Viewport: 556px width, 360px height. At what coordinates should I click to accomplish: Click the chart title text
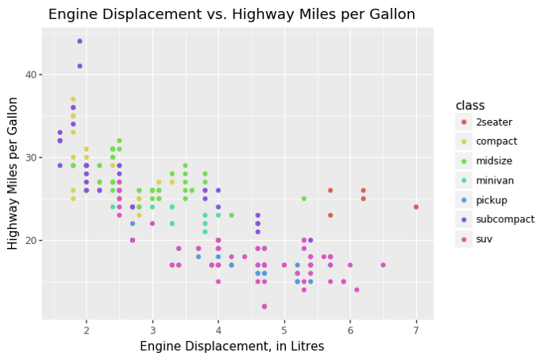coord(231,14)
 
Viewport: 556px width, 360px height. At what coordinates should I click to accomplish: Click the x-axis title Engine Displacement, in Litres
coord(231,346)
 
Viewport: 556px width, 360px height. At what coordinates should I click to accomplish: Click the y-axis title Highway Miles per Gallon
coord(14,173)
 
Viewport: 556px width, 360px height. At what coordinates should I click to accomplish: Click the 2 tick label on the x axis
coord(86,329)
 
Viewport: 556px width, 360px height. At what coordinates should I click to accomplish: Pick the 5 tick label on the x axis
coord(284,329)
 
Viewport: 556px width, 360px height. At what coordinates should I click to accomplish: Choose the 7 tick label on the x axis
coord(415,329)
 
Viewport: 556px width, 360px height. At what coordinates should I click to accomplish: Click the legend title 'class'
coord(469,106)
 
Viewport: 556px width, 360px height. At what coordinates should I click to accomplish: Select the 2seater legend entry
coord(493,122)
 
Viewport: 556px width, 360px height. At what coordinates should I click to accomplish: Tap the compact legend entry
coord(496,141)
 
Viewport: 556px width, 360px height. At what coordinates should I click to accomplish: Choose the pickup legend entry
coord(491,200)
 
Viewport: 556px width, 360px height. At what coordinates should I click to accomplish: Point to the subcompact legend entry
coord(504,219)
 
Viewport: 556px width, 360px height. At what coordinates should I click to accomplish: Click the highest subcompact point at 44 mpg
coord(79,41)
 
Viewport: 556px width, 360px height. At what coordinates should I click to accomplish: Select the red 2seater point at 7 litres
coord(415,207)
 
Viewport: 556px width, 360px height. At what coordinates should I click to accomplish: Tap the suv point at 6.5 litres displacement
coord(383,265)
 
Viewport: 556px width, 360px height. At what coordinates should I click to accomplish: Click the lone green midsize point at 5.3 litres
coord(303,199)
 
